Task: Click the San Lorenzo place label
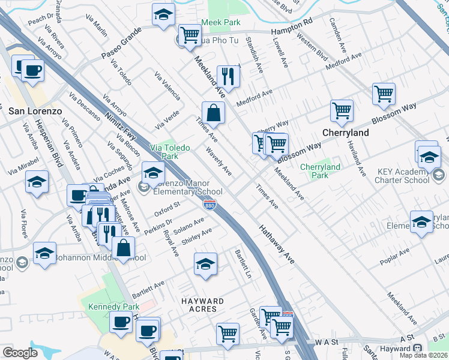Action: coord(35,111)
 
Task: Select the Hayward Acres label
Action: coord(202,305)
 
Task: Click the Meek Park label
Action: coord(221,22)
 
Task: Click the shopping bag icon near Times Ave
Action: coord(212,112)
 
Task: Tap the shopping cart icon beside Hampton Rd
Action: coord(190,35)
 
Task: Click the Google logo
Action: coord(20,353)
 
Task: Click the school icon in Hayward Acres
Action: coord(205,265)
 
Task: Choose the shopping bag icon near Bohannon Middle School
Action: coord(123,248)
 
